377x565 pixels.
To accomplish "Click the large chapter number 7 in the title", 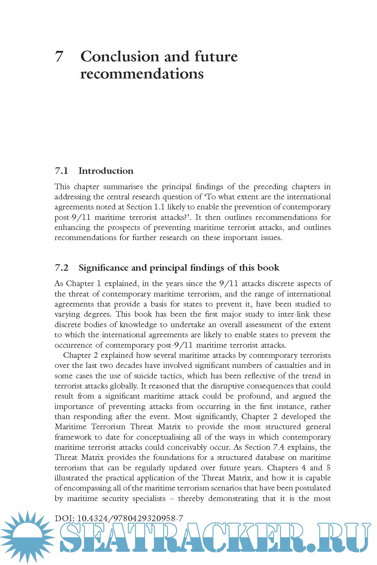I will pos(60,56).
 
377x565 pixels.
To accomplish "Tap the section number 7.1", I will pos(61,171).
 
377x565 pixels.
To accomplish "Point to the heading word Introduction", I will pos(106,171).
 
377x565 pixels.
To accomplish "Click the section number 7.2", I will pos(61,268).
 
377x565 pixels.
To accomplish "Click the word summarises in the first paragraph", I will pos(123,186).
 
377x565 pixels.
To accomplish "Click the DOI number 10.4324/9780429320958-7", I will pos(130,518).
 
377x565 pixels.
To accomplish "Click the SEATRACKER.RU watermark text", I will pos(215,538).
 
